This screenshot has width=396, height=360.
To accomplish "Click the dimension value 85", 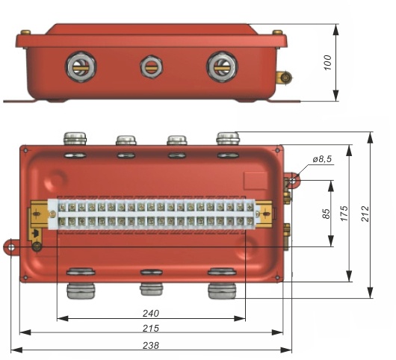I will (327, 214).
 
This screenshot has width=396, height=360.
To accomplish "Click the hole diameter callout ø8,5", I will (324, 160).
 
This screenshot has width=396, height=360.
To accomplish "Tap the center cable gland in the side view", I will (151, 66).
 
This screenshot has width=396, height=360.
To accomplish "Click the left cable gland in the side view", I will (79, 66).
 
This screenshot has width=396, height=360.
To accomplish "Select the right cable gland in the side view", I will (222, 66).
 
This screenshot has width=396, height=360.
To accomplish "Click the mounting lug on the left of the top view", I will (10, 247).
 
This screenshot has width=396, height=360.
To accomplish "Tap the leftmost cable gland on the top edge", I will (75, 138).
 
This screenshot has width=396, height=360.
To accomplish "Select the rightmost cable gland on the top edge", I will (226, 138).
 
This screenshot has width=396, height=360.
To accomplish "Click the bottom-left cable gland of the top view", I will (79, 288).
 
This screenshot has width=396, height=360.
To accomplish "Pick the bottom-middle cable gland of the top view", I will (152, 288).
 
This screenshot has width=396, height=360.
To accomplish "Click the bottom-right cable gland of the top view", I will (220, 288).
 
